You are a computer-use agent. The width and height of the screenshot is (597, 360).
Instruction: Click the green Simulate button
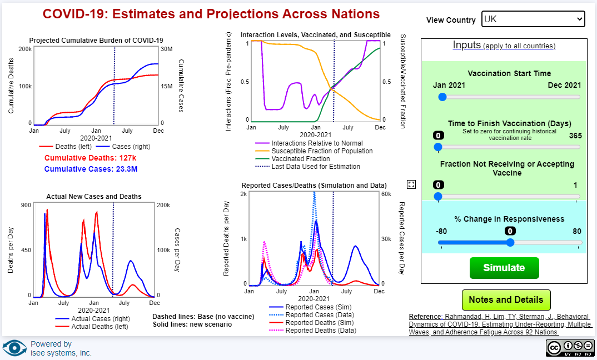pos(504,268)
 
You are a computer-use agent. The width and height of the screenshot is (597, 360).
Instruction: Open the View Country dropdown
pos(533,19)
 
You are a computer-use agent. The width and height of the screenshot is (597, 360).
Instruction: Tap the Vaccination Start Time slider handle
pos(442,97)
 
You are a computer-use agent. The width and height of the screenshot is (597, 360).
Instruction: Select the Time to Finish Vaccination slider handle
pos(438,147)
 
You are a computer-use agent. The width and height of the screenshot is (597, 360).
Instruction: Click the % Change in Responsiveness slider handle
pos(510,243)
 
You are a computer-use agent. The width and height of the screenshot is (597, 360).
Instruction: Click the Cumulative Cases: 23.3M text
pos(91,169)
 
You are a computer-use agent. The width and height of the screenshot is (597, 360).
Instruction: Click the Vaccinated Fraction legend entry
pos(300,159)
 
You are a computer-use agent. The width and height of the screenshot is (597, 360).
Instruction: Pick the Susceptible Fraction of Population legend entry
pos(322,151)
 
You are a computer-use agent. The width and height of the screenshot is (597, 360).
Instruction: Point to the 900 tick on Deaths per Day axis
pos(26,205)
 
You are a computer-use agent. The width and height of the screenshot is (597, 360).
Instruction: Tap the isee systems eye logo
pos(14,348)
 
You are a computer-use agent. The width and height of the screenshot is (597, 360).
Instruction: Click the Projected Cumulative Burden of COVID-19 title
pos(96,40)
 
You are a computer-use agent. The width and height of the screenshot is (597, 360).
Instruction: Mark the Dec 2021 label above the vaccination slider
pos(564,86)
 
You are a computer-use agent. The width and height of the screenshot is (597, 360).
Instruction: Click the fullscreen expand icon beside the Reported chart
pos(411,184)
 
